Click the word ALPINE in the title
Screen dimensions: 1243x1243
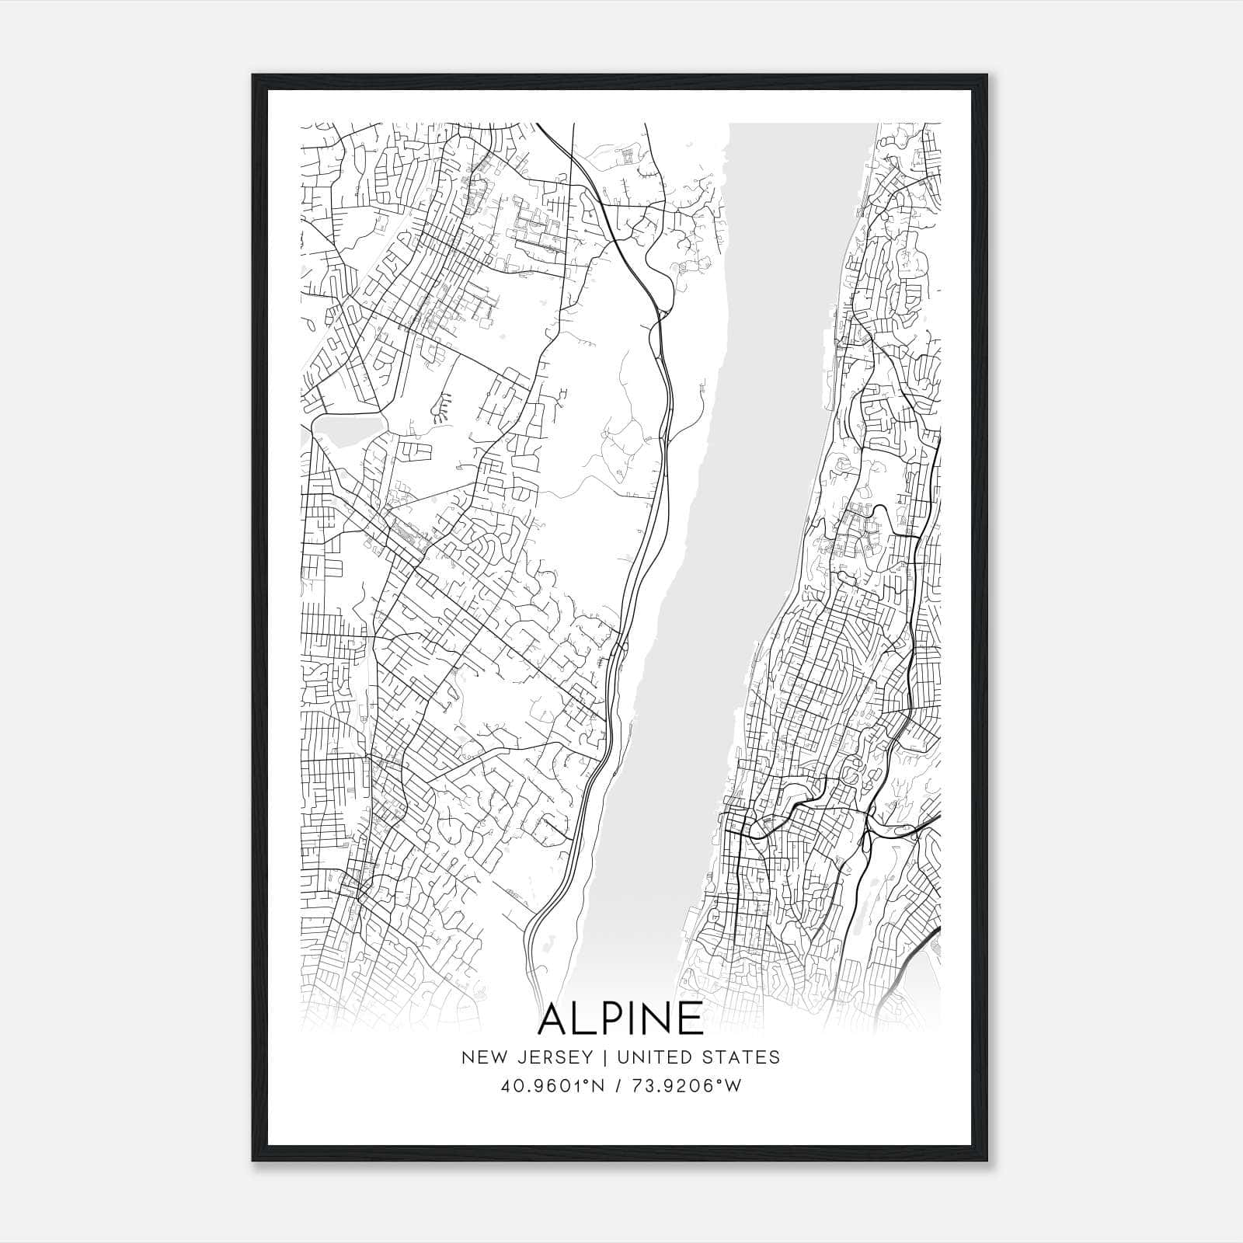pos(621,1018)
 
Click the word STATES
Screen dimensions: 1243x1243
pos(747,1057)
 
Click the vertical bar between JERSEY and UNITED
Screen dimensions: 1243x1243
pos(600,1057)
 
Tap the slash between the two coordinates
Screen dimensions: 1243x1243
pos(616,1086)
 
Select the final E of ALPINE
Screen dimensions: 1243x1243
pos(691,1018)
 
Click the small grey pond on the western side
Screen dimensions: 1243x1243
pos(348,429)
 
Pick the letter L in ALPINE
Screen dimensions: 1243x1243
pos(586,1018)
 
